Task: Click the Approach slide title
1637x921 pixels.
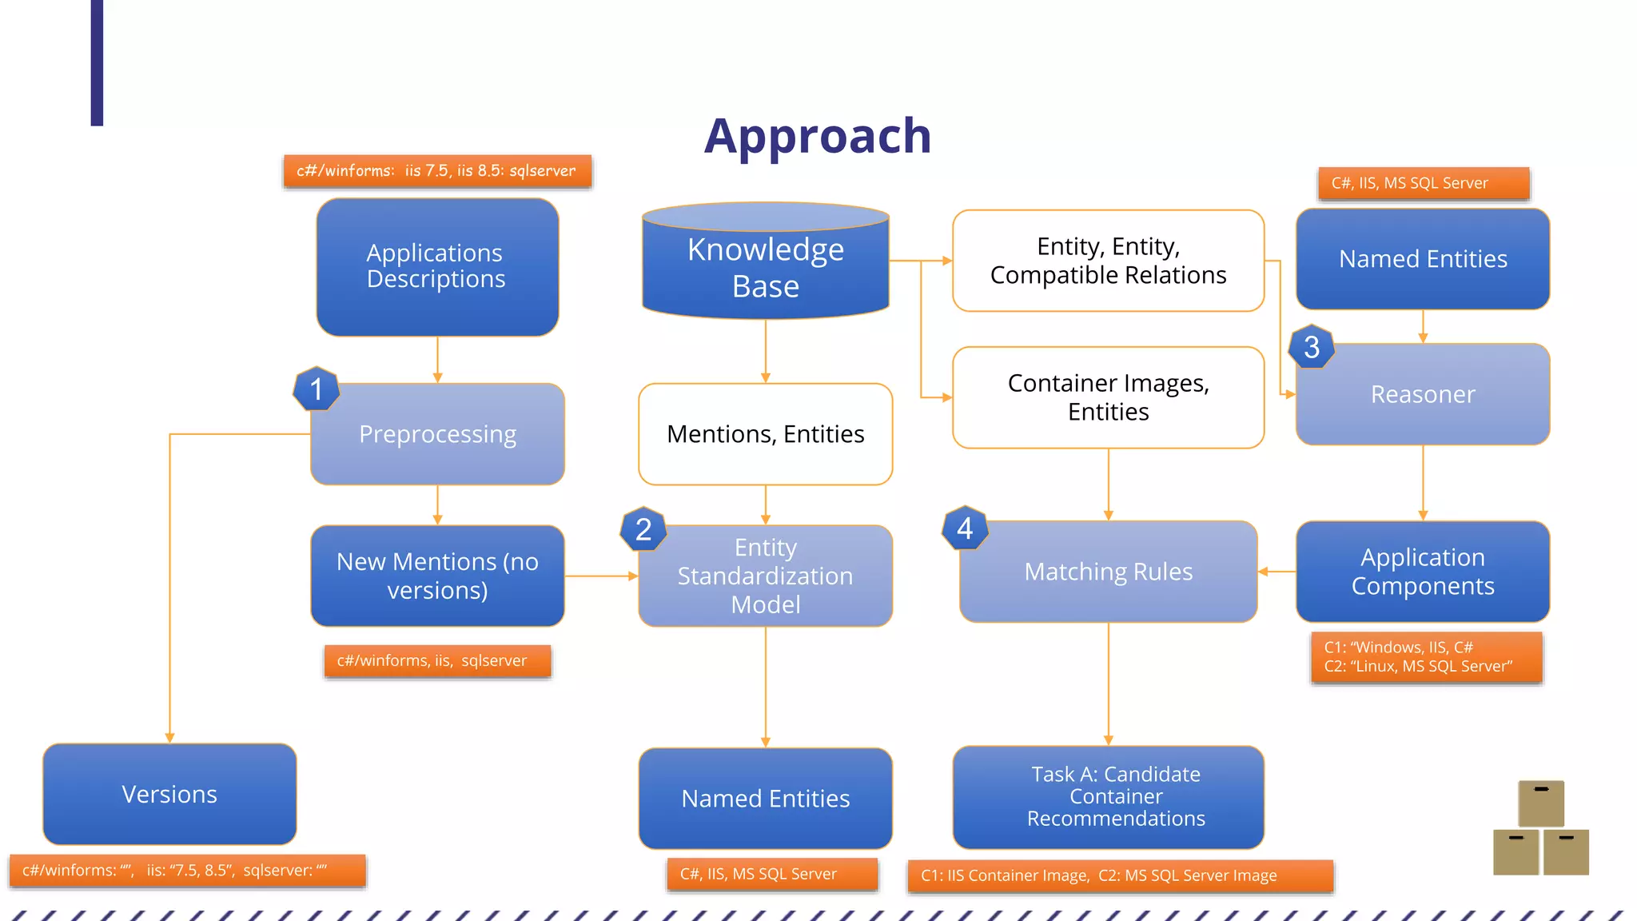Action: click(817, 136)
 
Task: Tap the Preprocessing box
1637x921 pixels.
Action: click(437, 434)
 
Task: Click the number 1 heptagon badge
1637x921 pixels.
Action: click(317, 389)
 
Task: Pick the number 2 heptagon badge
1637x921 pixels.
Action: click(643, 529)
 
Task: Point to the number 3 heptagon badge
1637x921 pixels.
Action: click(1311, 347)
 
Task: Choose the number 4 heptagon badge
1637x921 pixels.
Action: click(965, 528)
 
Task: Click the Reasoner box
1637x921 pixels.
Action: click(1422, 394)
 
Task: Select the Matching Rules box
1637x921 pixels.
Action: click(1108, 572)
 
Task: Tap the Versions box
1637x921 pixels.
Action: click(169, 794)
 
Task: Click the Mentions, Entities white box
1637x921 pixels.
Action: click(765, 434)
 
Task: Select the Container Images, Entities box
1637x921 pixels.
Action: click(1108, 397)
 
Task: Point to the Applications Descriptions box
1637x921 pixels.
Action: click(436, 266)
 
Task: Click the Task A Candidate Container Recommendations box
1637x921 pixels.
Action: click(1108, 796)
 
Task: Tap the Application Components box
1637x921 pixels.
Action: click(1422, 572)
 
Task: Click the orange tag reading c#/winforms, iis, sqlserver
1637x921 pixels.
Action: click(437, 661)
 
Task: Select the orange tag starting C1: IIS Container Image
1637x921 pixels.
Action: click(1119, 875)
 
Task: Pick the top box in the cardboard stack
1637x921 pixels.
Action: click(1540, 803)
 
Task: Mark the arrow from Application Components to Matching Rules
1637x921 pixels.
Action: click(1277, 572)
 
